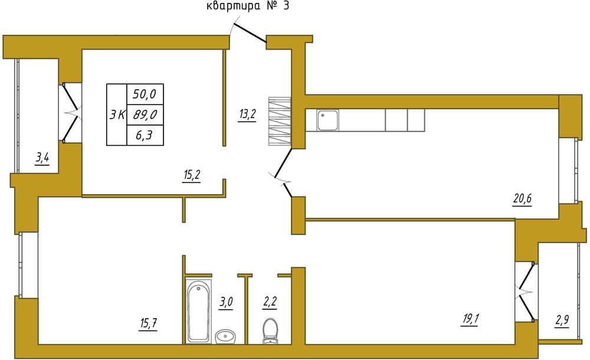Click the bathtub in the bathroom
[x=199, y=311]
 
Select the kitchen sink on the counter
[x=327, y=120]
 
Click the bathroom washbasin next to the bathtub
[x=225, y=336]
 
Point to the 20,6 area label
[x=522, y=198]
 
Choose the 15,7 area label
[x=148, y=324]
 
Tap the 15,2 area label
[x=192, y=175]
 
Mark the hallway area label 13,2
[x=247, y=113]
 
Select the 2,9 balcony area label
[x=562, y=321]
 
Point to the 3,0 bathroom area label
[x=226, y=302]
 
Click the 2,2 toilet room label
[x=270, y=302]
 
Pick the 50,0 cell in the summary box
[x=145, y=93]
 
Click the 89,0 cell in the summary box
[x=145, y=114]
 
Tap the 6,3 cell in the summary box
[x=144, y=135]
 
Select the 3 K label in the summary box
[x=117, y=114]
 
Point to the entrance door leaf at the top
[x=250, y=33]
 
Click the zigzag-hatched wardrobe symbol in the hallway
[x=280, y=121]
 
